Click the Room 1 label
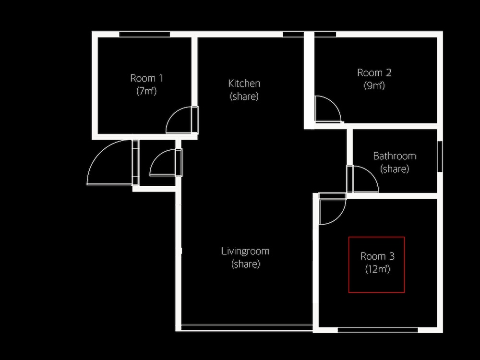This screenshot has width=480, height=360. [x=146, y=78]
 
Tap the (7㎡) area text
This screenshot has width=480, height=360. [x=146, y=91]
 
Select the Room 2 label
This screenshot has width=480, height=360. [x=374, y=72]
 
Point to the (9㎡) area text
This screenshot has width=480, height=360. [x=374, y=85]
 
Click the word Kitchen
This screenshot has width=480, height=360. [x=244, y=83]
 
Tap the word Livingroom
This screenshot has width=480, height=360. [x=245, y=251]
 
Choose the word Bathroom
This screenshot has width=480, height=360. [x=394, y=156]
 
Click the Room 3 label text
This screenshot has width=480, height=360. [x=377, y=256]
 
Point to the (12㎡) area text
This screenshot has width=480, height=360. [x=377, y=269]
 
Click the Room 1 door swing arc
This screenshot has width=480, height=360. [x=173, y=114]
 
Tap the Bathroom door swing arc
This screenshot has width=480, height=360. [x=371, y=173]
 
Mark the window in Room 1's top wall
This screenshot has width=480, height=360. [x=144, y=34]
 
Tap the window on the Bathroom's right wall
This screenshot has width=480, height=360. [x=440, y=156]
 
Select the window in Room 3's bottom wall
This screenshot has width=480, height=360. [x=378, y=330]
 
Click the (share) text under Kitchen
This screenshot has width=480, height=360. [x=244, y=96]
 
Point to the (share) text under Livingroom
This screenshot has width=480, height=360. [x=245, y=264]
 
